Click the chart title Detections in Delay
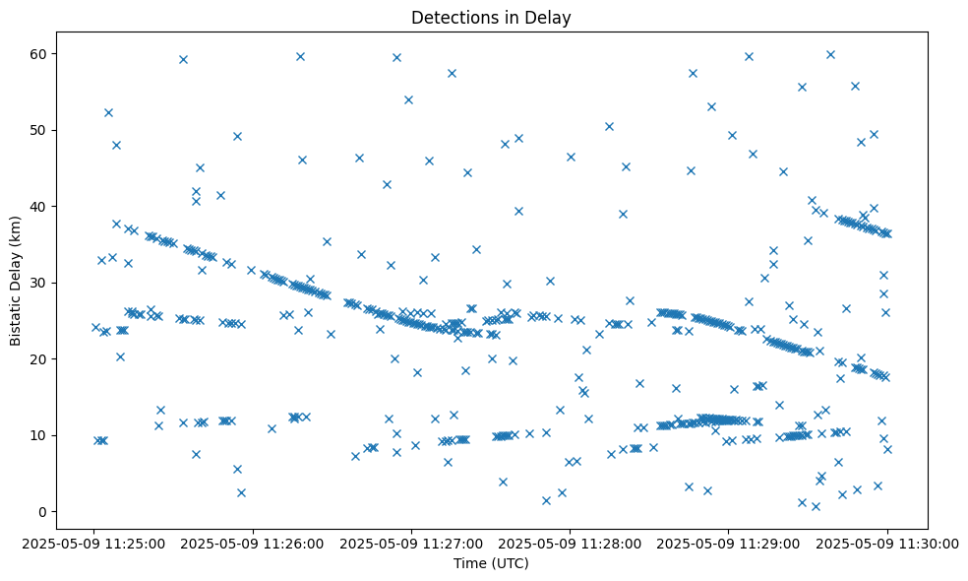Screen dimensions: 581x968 (x=491, y=18)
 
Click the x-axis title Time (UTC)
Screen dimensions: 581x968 (x=491, y=563)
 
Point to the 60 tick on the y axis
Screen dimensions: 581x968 (x=40, y=53)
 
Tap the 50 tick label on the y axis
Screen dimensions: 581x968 (x=40, y=130)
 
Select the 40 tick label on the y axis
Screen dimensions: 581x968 (x=40, y=206)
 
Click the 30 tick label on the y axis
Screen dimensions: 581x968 (x=40, y=283)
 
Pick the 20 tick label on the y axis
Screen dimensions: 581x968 (x=40, y=358)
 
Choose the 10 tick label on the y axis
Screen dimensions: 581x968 (x=40, y=435)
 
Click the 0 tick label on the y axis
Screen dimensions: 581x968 (x=44, y=511)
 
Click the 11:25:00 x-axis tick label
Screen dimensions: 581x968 (x=94, y=543)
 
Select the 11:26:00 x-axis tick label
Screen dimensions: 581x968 (x=253, y=543)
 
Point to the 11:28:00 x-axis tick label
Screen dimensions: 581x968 (x=570, y=543)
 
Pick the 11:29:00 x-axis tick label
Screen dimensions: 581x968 (x=728, y=543)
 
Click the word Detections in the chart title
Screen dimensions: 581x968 (x=450, y=18)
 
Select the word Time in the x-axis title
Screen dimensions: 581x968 (x=468, y=563)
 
